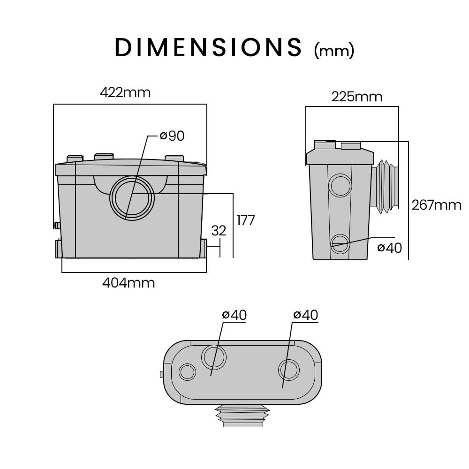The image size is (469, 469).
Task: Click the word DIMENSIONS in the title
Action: (208, 47)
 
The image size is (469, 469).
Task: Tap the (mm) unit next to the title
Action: (333, 50)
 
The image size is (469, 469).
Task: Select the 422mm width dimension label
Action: (125, 92)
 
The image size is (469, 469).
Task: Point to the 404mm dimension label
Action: (129, 283)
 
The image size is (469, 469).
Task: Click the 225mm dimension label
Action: (356, 97)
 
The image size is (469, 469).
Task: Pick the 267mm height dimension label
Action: (436, 205)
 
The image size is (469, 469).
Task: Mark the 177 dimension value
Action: (245, 220)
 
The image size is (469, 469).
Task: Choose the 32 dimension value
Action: (219, 230)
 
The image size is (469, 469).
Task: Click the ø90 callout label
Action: (172, 136)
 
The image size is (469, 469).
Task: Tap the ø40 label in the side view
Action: (389, 248)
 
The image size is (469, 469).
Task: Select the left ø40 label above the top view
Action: (234, 315)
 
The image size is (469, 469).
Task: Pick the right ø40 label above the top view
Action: (305, 315)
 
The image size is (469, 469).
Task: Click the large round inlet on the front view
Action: (132, 198)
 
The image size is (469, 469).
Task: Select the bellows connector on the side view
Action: (386, 186)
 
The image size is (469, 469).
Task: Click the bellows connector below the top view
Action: (242, 416)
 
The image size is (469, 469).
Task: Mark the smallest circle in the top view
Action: (187, 372)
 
